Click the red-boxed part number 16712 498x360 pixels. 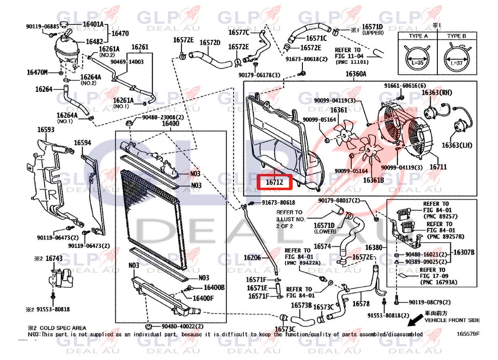(x=275, y=183)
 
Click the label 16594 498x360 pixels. (x=82, y=143)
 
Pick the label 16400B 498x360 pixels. (x=214, y=288)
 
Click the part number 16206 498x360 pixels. (x=252, y=257)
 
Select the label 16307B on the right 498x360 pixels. (x=464, y=252)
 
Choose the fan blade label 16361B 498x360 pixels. (x=374, y=181)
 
